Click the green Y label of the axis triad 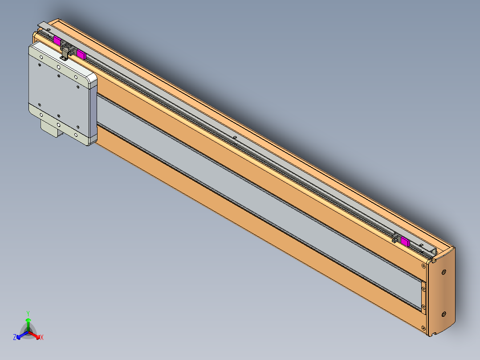pos(28,313)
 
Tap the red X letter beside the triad pos(42,337)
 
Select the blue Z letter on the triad pos(14,337)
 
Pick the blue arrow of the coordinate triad pos(22,335)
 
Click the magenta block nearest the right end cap pos(405,241)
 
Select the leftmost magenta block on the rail pos(57,41)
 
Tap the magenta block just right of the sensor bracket pos(81,54)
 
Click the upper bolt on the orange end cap pos(443,272)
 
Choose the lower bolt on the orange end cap pos(443,314)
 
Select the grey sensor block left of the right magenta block pos(395,238)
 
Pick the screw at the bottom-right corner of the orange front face pos(424,328)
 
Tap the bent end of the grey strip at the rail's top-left pos(42,24)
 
